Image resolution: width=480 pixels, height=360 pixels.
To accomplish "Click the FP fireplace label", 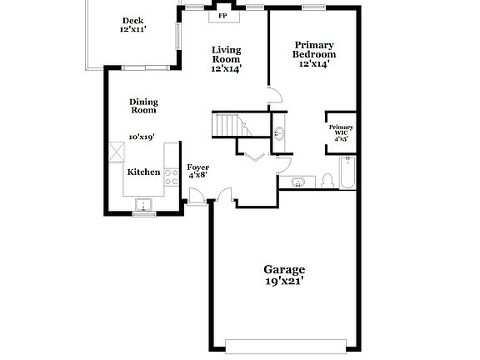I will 222,16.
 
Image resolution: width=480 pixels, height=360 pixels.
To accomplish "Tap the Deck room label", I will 132,21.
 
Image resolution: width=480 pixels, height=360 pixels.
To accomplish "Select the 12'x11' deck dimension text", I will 132,30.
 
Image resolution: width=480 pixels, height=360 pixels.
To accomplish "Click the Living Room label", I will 225,54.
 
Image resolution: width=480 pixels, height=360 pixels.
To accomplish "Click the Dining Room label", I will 142,106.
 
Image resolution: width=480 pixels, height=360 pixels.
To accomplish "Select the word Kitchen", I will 142,172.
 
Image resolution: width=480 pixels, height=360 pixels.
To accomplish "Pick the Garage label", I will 284,269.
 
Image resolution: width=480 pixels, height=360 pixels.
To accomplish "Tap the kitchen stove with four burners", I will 172,177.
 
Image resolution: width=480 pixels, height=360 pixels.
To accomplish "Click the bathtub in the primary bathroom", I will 347,172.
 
